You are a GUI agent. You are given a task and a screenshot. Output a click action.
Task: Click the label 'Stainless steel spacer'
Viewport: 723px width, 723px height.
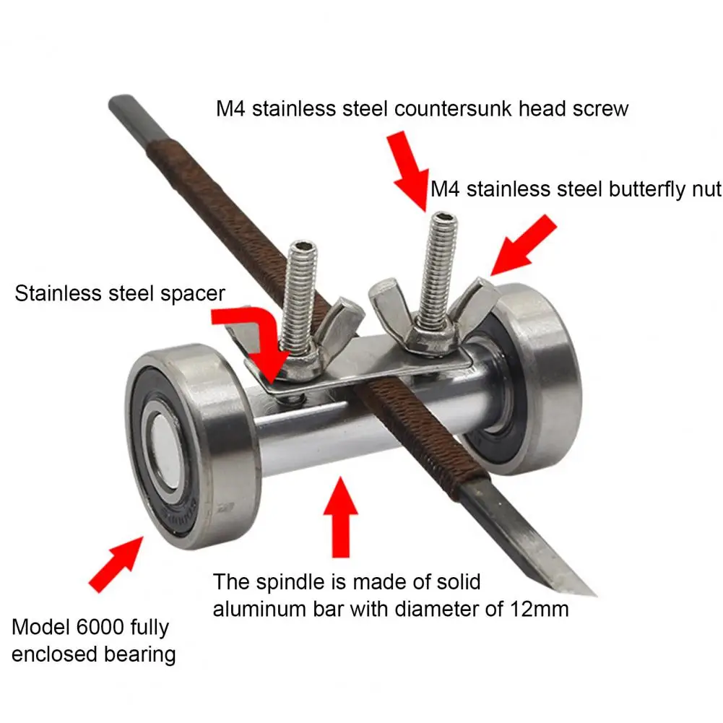point(120,293)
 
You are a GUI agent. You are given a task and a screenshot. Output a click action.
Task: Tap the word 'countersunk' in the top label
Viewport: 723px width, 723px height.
point(454,109)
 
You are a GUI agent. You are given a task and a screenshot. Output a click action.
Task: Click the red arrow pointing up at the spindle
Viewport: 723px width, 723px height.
point(340,517)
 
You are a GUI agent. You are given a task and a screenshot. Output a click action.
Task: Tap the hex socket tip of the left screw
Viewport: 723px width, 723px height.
point(303,247)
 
